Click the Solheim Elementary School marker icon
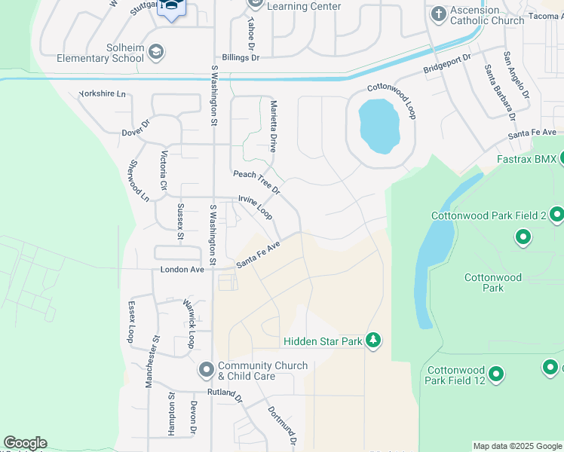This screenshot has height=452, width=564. [156, 53]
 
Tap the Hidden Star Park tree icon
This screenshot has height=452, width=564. [372, 341]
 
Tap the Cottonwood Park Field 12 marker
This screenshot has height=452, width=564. [496, 374]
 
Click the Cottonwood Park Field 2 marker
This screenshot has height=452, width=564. [556, 215]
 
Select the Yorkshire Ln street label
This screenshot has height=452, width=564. [102, 96]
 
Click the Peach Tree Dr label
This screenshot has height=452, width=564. [256, 182]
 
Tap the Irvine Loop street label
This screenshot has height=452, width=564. [256, 207]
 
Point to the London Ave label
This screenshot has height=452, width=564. [182, 270]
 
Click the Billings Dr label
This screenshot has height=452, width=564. [241, 57]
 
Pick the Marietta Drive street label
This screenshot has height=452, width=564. [273, 127]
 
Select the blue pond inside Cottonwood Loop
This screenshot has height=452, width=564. [380, 125]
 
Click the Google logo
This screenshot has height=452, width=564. [25, 443]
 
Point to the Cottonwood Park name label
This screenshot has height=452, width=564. [493, 282]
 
